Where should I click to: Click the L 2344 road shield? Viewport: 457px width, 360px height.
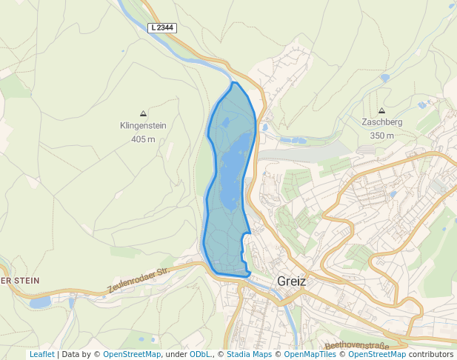tap(161, 27)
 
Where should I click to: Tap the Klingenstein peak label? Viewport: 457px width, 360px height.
tap(143, 126)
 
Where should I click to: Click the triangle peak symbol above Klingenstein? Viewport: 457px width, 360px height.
tap(143, 114)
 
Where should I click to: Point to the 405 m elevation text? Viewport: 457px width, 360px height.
tap(143, 139)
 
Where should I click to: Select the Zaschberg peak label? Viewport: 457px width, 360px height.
tap(381, 122)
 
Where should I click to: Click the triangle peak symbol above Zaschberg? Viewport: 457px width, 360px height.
tap(381, 110)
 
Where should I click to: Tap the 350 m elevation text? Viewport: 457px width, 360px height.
tap(381, 136)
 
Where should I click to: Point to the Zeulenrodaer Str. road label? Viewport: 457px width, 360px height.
tap(139, 278)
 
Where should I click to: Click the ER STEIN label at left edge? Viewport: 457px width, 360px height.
tap(20, 281)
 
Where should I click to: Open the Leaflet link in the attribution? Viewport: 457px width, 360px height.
tap(41, 355)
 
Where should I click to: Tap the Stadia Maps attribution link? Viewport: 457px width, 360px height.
tap(249, 355)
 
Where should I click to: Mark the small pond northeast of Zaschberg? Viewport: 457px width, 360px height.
tap(384, 77)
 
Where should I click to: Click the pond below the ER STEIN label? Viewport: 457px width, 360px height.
tap(39, 302)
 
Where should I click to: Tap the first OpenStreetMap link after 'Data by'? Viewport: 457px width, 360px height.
tap(132, 355)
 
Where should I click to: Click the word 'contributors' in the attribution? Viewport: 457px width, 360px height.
tap(431, 355)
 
